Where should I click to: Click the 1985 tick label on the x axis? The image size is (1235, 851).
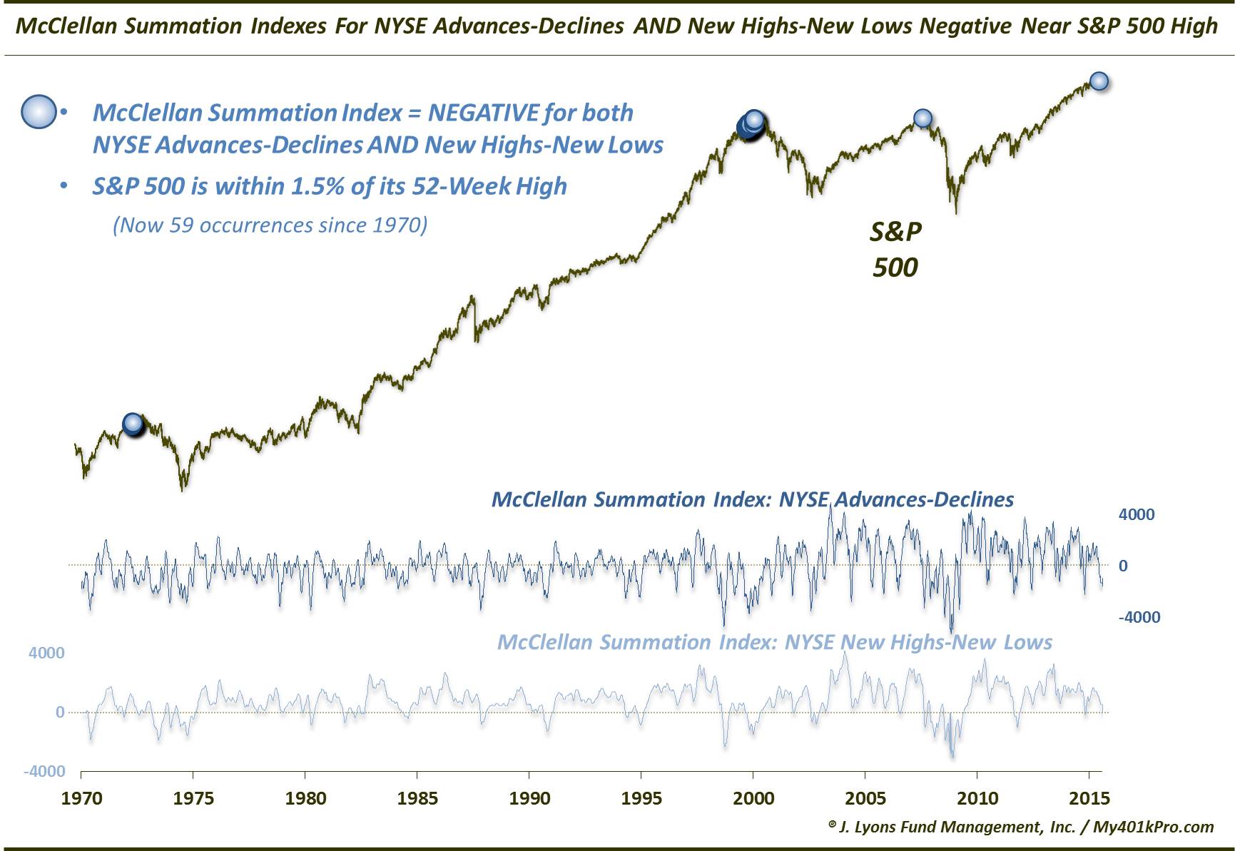[x=417, y=798]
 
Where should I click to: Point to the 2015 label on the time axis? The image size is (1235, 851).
[x=1089, y=798]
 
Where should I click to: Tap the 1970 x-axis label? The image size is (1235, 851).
[x=81, y=798]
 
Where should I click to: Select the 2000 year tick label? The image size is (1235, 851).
[x=753, y=798]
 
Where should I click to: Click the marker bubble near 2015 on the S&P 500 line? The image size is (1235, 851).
[x=1099, y=81]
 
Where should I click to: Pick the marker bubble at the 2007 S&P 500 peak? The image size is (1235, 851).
[x=923, y=118]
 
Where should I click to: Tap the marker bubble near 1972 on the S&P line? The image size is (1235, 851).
[x=133, y=424]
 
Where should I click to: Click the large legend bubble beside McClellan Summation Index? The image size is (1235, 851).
[x=39, y=112]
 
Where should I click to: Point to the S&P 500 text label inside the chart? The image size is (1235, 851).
[x=895, y=249]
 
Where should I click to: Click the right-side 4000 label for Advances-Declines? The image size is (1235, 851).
[x=1137, y=514]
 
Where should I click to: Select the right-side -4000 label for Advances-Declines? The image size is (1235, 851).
[x=1139, y=617]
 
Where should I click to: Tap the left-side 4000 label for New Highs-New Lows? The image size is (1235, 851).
[x=46, y=653]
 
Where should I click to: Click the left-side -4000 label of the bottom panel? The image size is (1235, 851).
[x=44, y=771]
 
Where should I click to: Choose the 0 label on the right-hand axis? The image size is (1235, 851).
[x=1123, y=566]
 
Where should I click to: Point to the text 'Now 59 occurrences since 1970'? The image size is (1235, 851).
[x=270, y=225]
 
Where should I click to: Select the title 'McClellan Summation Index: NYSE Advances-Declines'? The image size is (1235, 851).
[x=753, y=499]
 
